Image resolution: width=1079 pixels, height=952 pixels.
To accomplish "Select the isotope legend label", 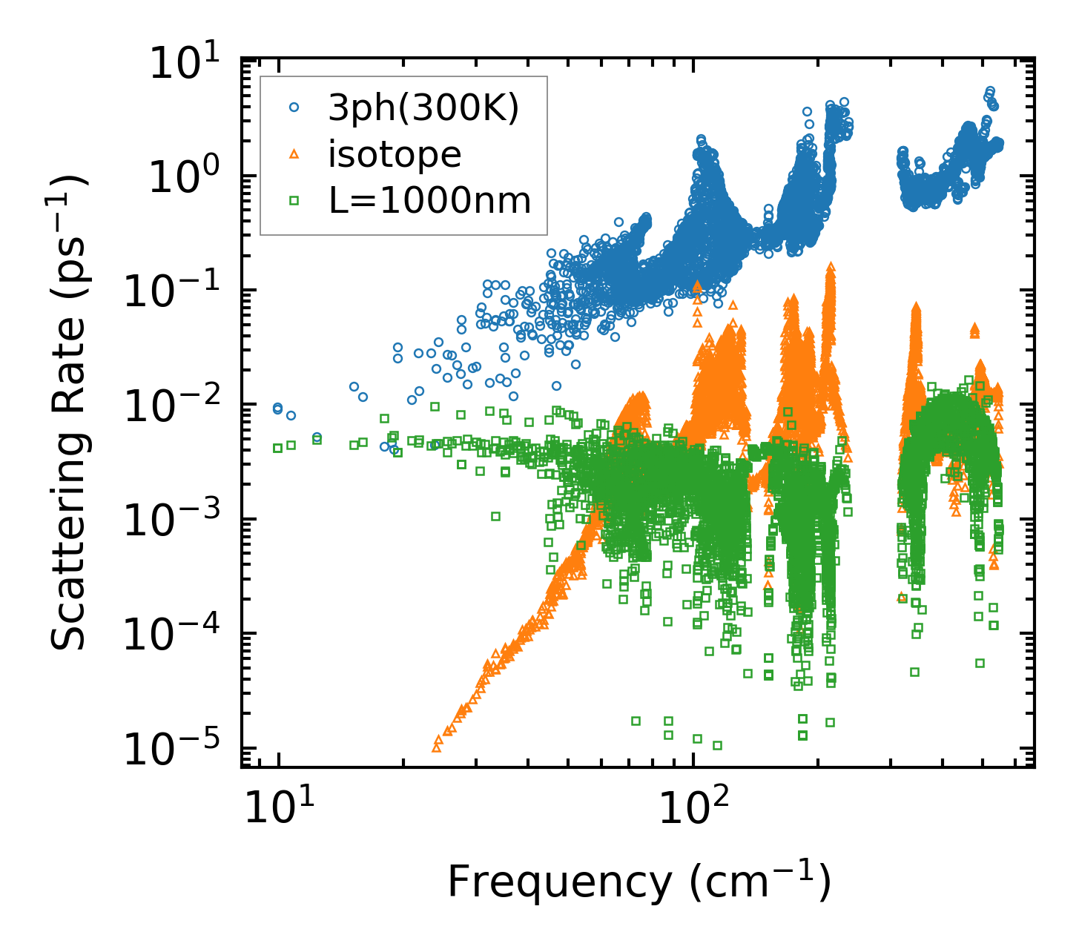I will [395, 154].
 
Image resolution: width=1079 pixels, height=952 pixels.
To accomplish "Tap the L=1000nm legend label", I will [430, 200].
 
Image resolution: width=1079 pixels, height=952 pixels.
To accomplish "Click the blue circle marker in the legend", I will [294, 108].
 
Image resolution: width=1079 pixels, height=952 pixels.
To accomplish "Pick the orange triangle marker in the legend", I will [294, 154].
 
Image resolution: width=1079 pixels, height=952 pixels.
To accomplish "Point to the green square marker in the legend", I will [294, 200].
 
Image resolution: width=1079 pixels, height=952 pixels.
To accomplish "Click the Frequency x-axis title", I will [639, 882].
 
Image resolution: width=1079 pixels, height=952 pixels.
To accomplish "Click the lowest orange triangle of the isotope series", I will [436, 747].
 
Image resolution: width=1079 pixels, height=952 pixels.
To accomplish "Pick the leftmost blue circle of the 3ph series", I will [277, 409].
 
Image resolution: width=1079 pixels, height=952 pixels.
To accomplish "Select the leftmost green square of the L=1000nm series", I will [277, 448].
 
